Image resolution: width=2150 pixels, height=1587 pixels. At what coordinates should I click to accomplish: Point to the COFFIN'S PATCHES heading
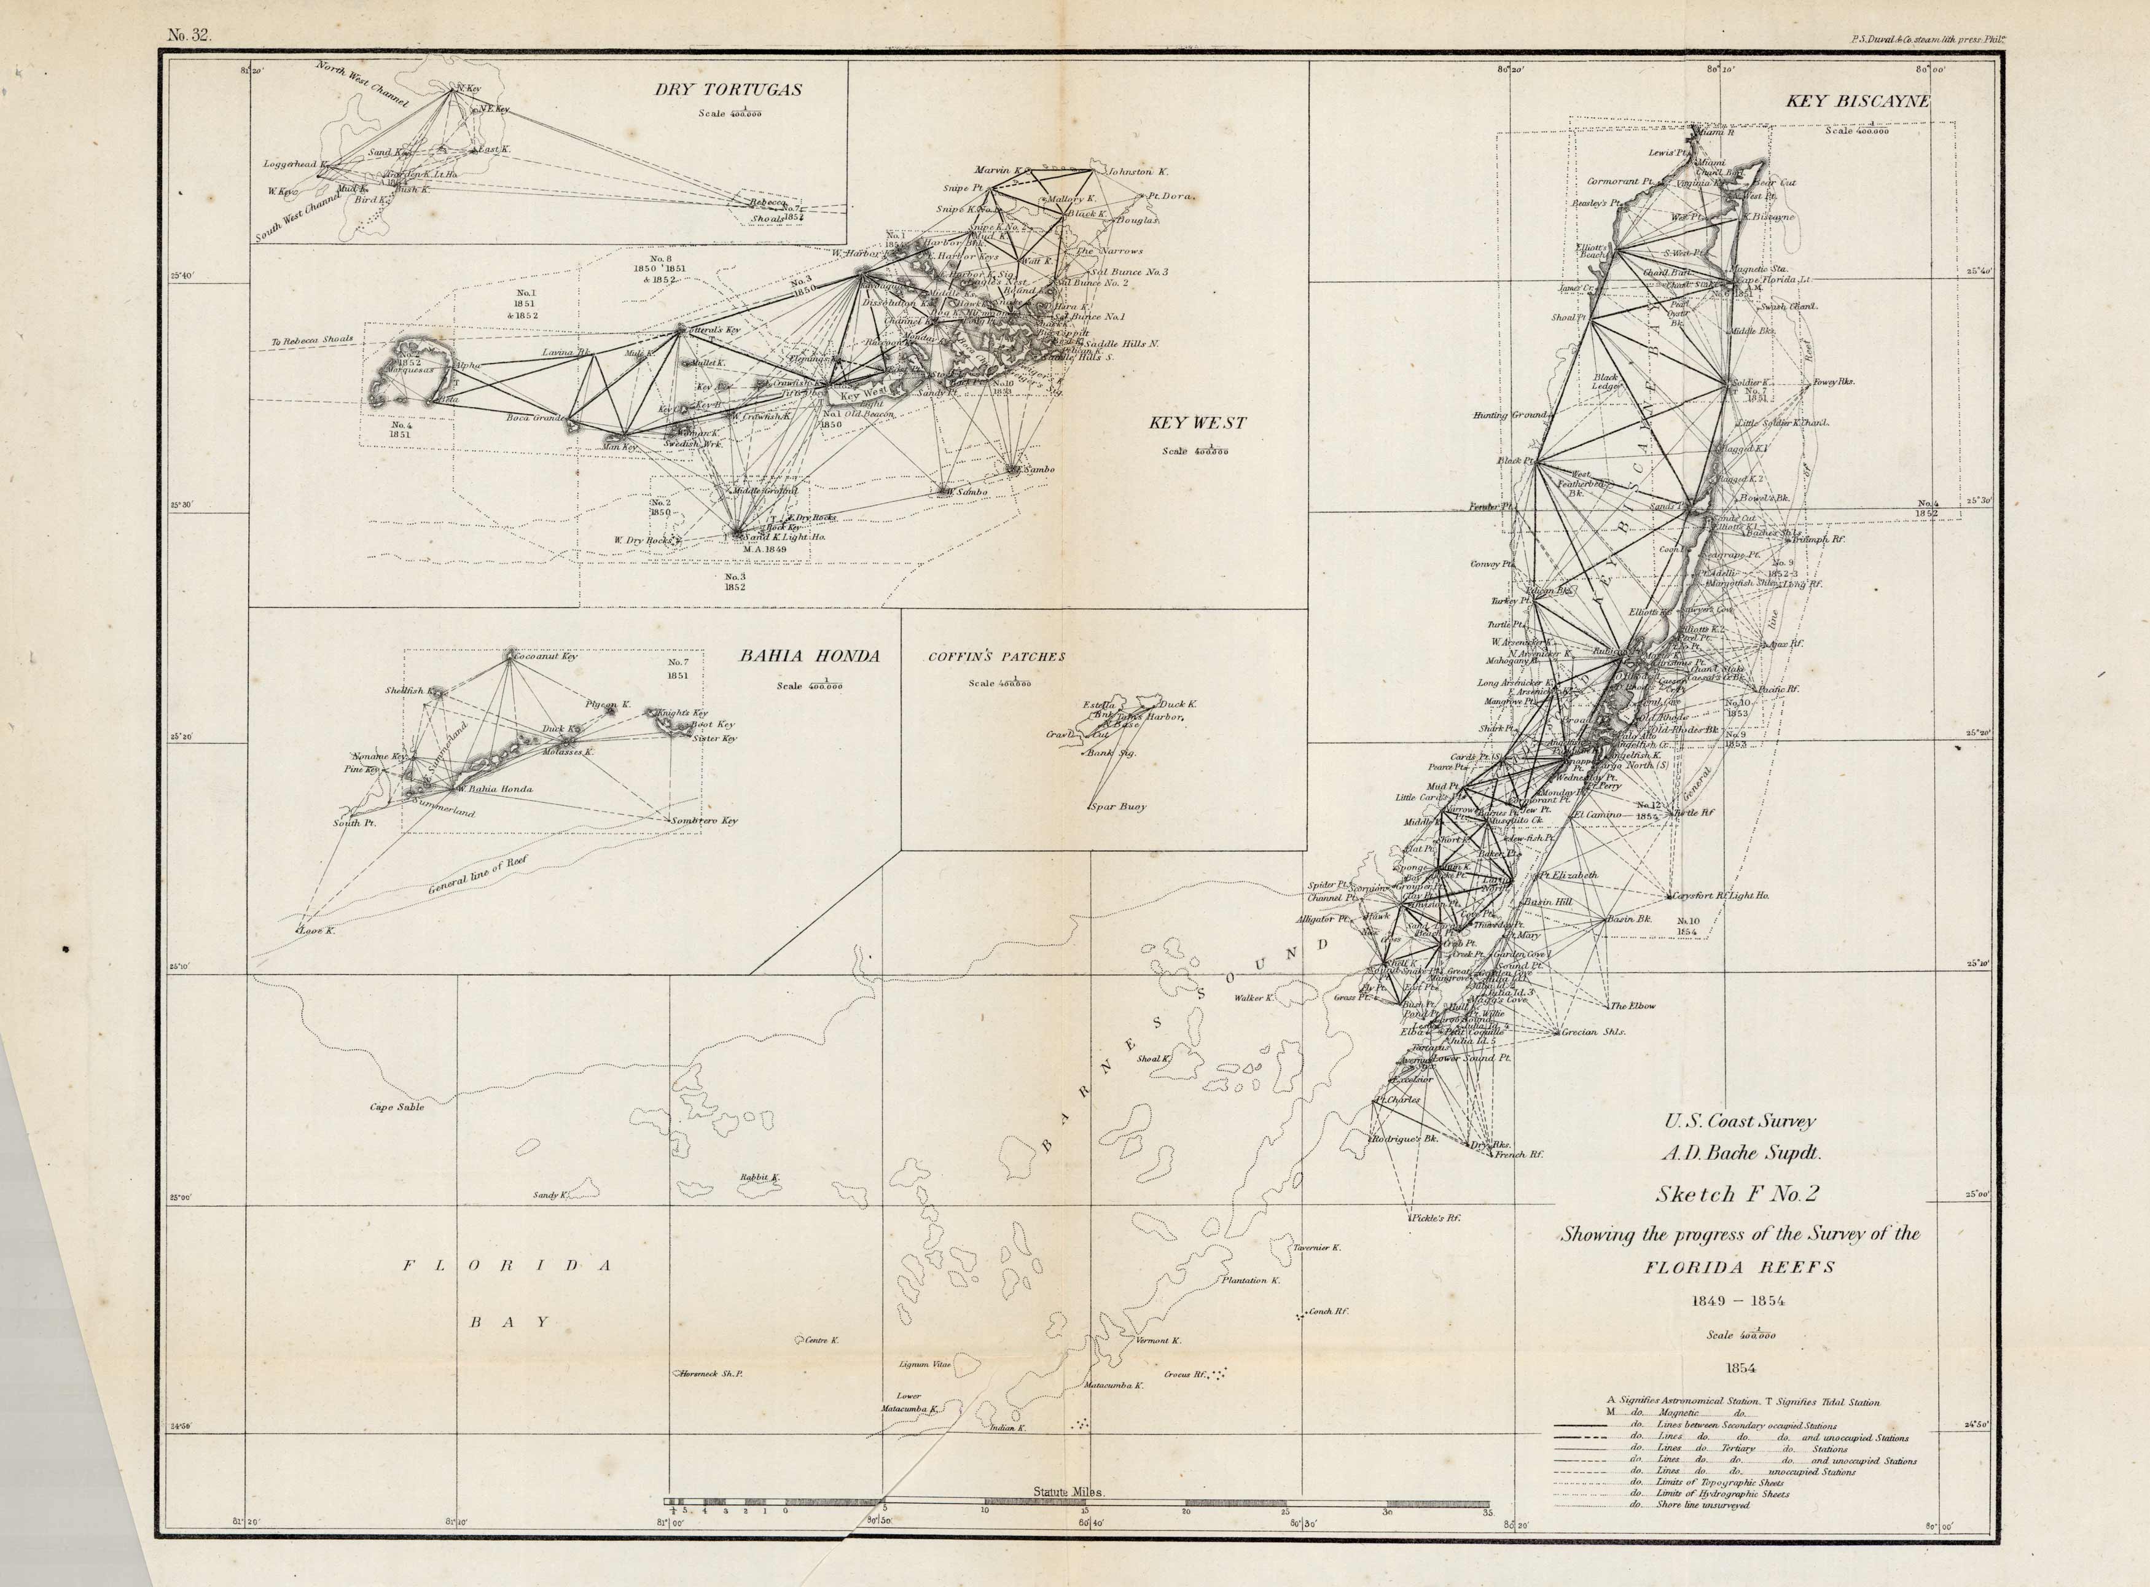(996, 657)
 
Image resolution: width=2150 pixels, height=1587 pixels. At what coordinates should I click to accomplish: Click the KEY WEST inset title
(1197, 423)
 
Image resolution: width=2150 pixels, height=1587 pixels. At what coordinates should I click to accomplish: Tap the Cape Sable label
(397, 1107)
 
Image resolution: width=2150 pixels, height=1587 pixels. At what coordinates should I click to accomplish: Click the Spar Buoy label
(1118, 807)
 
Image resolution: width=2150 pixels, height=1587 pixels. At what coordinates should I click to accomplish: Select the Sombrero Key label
(704, 821)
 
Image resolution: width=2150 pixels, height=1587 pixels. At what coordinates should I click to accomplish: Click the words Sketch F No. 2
(1737, 1194)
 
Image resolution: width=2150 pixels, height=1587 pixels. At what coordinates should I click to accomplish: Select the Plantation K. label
(1251, 1281)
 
